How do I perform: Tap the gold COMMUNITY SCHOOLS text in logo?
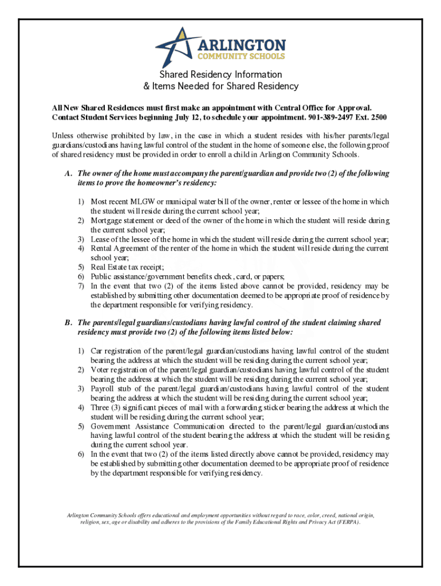coord(241,56)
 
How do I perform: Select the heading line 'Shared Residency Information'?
coord(220,74)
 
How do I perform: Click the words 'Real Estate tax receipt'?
coord(127,267)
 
